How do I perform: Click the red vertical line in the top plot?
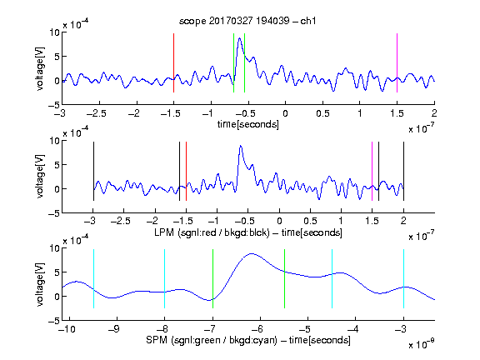(174, 62)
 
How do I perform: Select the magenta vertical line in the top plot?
(397, 62)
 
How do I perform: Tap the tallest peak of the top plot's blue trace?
(240, 38)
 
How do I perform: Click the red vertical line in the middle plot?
(186, 171)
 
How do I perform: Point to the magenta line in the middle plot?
(372, 171)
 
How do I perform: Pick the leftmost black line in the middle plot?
(93, 171)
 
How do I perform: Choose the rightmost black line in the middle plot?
(404, 171)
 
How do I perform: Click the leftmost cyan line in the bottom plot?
(93, 278)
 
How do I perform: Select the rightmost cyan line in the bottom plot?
(404, 278)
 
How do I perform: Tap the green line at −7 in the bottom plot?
(212, 278)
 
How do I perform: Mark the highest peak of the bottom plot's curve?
(252, 254)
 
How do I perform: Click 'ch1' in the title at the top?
(308, 21)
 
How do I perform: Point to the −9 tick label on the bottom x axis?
(114, 329)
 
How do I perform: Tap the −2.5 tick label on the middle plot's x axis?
(121, 221)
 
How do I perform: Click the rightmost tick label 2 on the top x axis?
(434, 113)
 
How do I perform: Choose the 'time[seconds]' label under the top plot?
(248, 124)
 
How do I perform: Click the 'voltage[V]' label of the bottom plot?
(40, 284)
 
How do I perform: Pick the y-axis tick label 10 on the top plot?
(54, 32)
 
